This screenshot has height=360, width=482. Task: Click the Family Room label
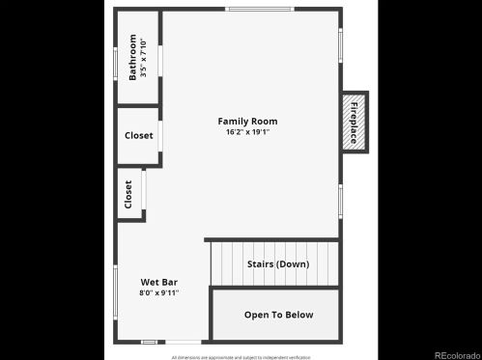(247, 122)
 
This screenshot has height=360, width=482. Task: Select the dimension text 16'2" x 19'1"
(247, 132)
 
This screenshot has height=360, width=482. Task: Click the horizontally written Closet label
(138, 135)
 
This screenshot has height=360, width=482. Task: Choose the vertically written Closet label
(128, 194)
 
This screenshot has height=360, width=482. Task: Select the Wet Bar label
(159, 282)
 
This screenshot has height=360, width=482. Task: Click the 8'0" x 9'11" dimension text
(159, 292)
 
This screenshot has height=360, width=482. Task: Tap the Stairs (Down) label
(278, 263)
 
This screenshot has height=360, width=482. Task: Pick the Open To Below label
(278, 315)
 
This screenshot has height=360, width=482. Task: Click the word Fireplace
(354, 122)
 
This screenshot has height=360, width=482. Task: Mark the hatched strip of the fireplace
(345, 122)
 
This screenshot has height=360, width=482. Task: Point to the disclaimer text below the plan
(241, 356)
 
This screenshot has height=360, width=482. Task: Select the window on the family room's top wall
(259, 10)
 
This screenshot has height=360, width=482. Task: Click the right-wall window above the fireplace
(341, 44)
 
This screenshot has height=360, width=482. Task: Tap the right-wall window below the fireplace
(341, 200)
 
